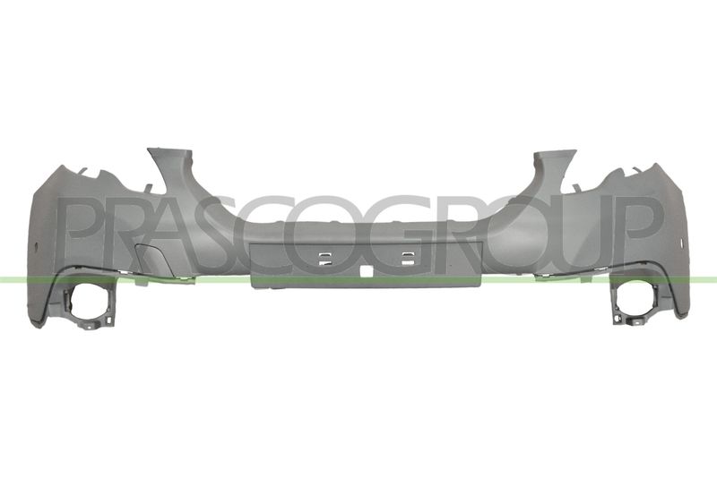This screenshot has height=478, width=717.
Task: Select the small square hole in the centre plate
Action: pyautogui.click(x=366, y=270)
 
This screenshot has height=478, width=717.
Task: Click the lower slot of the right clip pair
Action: pyautogui.click(x=408, y=262)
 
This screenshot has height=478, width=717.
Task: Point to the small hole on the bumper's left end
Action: pyautogui.click(x=36, y=247)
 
